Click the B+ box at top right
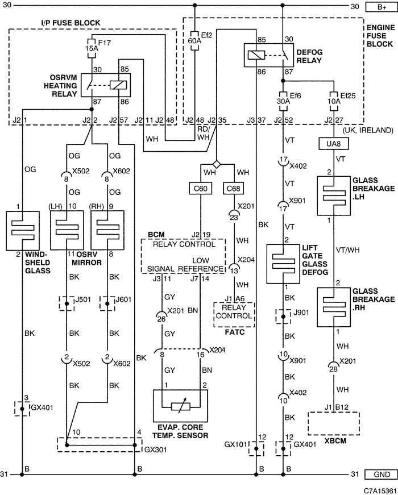click(382, 7)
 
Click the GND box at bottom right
click(382, 474)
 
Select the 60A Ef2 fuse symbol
click(194, 41)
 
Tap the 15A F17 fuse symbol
click(92, 48)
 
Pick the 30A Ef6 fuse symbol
click(283, 101)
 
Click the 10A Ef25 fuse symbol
click(334, 101)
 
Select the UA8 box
click(334, 144)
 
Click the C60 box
click(201, 189)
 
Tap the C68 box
click(234, 189)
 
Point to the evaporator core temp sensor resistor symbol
click(180, 406)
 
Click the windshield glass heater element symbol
click(23, 231)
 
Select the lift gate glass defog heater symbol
click(283, 264)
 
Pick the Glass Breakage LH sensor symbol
click(334, 195)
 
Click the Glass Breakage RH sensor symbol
click(334, 307)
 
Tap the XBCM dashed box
click(334, 423)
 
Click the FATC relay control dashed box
click(234, 315)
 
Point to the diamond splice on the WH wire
click(217, 164)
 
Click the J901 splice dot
click(283, 317)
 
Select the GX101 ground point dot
click(256, 448)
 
